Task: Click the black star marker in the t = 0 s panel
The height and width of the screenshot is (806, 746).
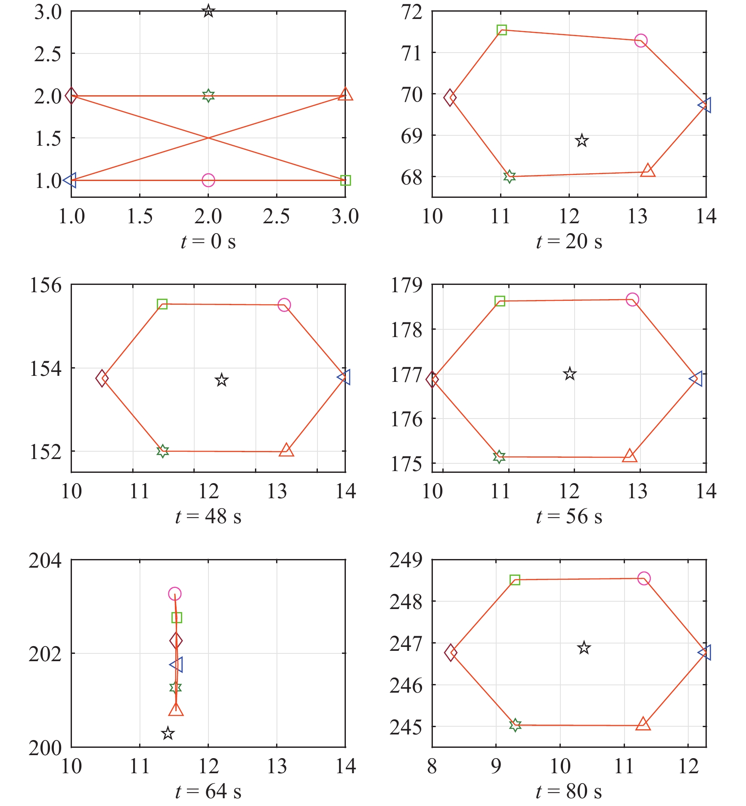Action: (x=208, y=11)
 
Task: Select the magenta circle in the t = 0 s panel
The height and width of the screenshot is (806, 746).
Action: (x=208, y=180)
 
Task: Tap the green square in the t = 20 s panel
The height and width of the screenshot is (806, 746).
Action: (x=501, y=30)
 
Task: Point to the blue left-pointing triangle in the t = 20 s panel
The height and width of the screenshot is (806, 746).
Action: (x=706, y=105)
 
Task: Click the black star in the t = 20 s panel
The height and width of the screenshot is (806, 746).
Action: (x=582, y=141)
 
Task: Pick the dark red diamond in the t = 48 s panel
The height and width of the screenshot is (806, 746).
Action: (x=102, y=378)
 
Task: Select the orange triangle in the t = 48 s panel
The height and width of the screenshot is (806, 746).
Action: (x=286, y=450)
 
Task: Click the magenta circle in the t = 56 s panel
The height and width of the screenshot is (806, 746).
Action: (x=632, y=300)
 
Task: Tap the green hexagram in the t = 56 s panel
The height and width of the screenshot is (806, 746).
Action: (x=499, y=457)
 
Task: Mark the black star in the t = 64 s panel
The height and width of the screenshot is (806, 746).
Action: (x=168, y=733)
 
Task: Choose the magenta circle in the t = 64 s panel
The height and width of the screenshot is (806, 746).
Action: (x=174, y=594)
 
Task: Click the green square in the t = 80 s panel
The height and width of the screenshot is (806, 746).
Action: (x=515, y=580)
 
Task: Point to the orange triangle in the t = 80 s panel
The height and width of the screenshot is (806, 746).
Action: (x=643, y=724)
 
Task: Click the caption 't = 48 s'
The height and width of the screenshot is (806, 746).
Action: (x=208, y=516)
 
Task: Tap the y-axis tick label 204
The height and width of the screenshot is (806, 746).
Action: (x=45, y=561)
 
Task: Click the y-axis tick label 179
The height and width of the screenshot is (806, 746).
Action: (x=406, y=285)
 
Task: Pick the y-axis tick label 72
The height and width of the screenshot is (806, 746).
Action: (x=411, y=12)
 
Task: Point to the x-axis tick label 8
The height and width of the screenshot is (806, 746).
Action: (x=432, y=766)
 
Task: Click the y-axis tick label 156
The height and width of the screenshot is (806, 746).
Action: (x=45, y=285)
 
